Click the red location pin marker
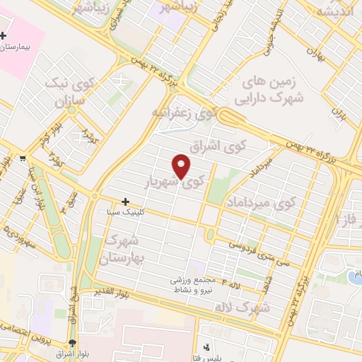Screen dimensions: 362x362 pos(182,166)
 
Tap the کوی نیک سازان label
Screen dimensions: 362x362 pos(69,92)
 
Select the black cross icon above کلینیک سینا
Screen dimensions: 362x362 pos(125,202)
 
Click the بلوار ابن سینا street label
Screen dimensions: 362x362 pos(40,189)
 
